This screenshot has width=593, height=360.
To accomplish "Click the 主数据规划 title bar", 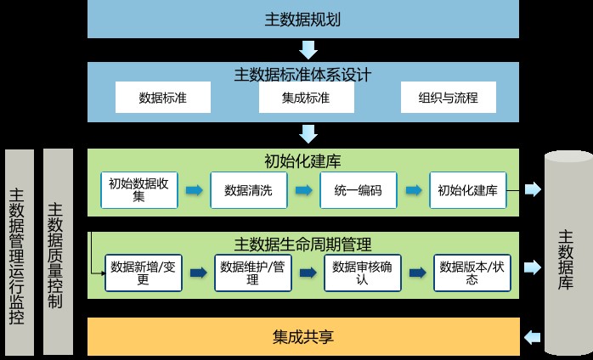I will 303,19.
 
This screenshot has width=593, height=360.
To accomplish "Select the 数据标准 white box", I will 162,98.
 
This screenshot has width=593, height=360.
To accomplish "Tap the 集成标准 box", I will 305,98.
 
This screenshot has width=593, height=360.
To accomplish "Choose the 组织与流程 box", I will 449,98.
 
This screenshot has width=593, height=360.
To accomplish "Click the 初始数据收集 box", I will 138,190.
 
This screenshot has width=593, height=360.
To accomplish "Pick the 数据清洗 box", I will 247,190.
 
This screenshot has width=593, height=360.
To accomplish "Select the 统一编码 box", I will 357,190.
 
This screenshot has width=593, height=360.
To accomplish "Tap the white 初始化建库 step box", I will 466,190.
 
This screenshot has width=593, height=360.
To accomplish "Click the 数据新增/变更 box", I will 142,273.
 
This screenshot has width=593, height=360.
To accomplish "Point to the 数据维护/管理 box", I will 251,273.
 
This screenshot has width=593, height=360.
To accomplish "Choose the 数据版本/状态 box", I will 471,273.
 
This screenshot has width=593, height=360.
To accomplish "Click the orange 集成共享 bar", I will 303,337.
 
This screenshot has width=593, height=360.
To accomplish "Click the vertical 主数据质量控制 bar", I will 58,251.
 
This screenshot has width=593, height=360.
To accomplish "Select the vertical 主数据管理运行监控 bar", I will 19,251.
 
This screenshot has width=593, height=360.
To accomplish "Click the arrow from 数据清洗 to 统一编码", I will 302,190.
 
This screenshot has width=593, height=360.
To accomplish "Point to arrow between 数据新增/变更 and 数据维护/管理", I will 197,273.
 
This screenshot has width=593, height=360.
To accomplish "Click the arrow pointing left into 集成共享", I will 531,337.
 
